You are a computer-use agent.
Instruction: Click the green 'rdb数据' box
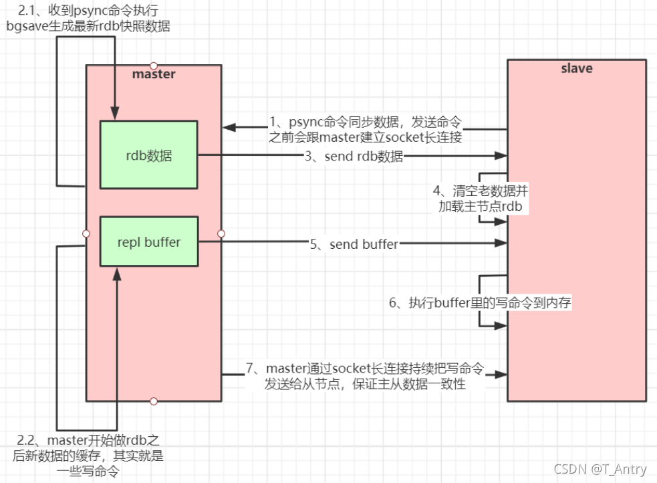(x=148, y=155)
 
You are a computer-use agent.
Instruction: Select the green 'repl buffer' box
(x=148, y=242)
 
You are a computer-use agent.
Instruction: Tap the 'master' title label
(x=154, y=74)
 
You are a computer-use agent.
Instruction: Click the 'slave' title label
(x=576, y=68)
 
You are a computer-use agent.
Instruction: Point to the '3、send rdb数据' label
(x=354, y=157)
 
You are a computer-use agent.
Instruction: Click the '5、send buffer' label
(x=354, y=244)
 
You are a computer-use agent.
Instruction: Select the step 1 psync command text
(x=366, y=128)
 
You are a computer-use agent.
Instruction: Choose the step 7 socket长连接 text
(x=364, y=377)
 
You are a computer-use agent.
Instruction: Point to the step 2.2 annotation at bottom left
(x=89, y=456)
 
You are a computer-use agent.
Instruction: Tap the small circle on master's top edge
(x=154, y=65)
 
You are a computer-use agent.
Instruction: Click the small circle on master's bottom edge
(x=154, y=401)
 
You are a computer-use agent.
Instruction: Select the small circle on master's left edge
(x=86, y=233)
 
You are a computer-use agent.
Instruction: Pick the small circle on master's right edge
(x=221, y=233)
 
